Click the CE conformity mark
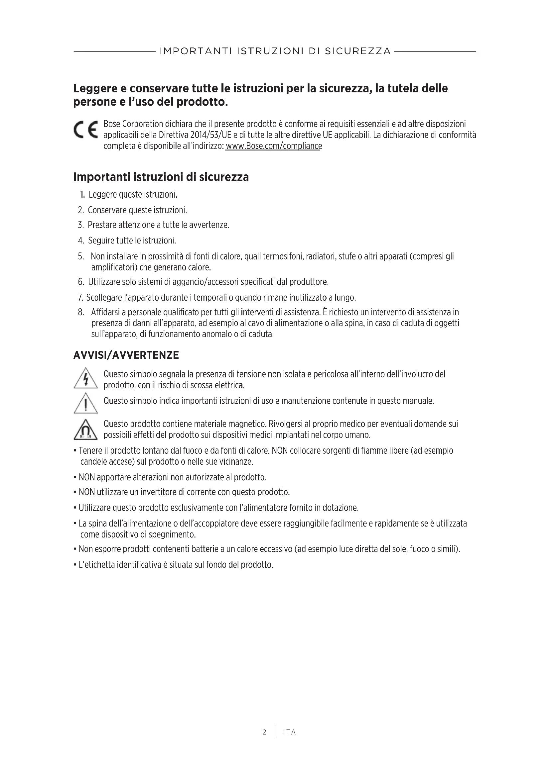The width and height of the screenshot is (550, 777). pyautogui.click(x=86, y=130)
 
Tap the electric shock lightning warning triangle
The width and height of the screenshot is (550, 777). pyautogui.click(x=86, y=378)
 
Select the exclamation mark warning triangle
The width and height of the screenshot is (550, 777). pyautogui.click(x=86, y=403)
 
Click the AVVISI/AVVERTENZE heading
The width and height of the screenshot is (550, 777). pyautogui.click(x=126, y=355)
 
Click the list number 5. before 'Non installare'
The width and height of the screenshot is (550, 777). pyautogui.click(x=81, y=256)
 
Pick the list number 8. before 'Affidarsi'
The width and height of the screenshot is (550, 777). pyautogui.click(x=81, y=312)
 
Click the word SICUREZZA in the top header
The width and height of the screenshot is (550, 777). pyautogui.click(x=358, y=51)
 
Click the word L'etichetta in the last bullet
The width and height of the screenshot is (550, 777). pyautogui.click(x=96, y=565)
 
